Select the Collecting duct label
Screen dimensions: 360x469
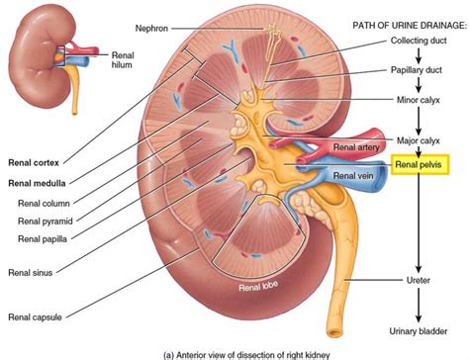click(x=417, y=45)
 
